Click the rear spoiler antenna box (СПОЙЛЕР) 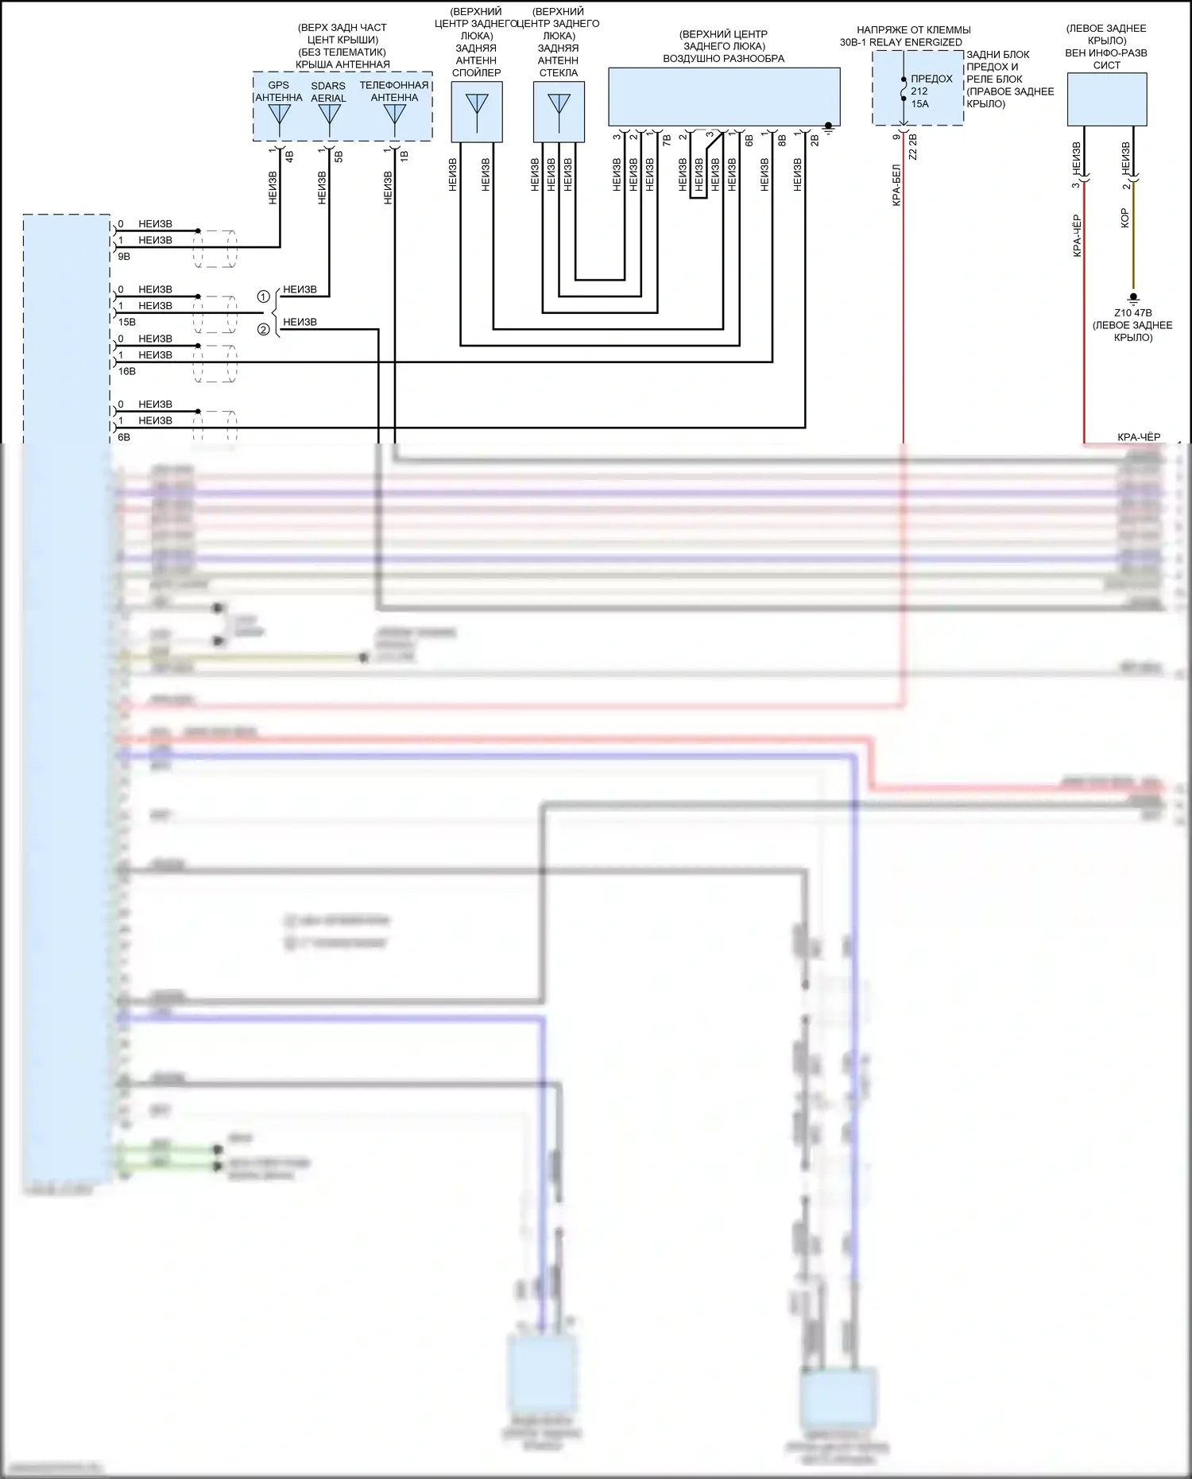(x=477, y=112)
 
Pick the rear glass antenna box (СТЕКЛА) (x=559, y=112)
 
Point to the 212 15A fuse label (x=919, y=98)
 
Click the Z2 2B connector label (x=913, y=148)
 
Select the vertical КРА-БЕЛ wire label (x=896, y=185)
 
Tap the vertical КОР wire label (x=1124, y=219)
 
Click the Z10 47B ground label (x=1132, y=313)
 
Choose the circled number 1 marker (x=264, y=297)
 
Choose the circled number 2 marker (x=264, y=330)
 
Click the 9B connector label (x=124, y=257)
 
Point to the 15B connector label (x=127, y=323)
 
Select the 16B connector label (x=127, y=372)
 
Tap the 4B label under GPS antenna (x=289, y=157)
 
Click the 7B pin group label (x=667, y=140)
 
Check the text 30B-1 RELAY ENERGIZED (x=901, y=42)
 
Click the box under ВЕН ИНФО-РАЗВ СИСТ (x=1106, y=99)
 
